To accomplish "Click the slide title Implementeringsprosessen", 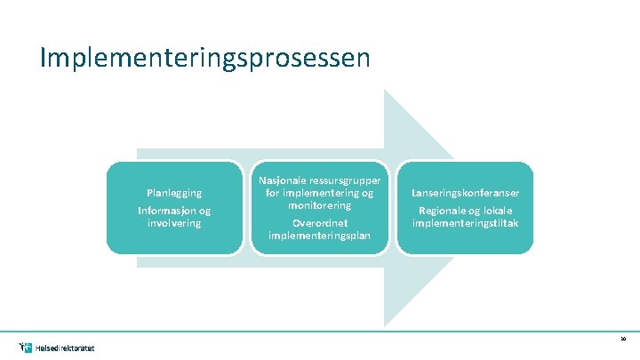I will [204, 58].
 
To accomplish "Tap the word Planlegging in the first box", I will [174, 192].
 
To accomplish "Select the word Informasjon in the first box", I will [165, 211].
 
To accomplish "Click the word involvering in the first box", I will [174, 222].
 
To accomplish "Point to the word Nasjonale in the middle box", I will [280, 180].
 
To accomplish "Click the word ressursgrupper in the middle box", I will [343, 180].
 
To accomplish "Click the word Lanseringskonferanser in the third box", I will [466, 192].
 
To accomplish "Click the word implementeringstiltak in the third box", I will [466, 222].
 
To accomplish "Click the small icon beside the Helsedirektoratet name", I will [25, 346].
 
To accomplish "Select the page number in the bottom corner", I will [623, 339].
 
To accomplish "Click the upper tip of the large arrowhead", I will [385, 90].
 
